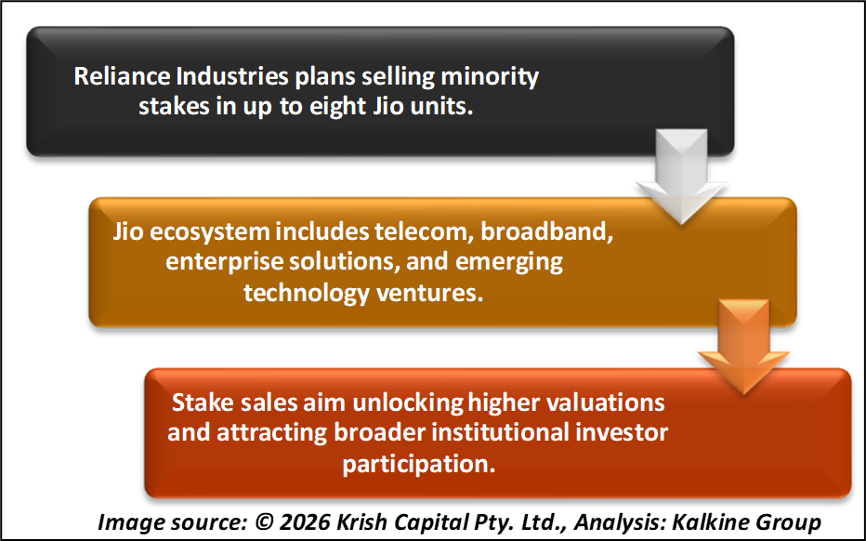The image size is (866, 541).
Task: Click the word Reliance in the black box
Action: click(122, 75)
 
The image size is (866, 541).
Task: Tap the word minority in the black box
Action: click(490, 77)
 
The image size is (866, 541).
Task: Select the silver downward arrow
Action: click(681, 177)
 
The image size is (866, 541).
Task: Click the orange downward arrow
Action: click(744, 347)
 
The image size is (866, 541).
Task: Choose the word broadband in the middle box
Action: click(546, 232)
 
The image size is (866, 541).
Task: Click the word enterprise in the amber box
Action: click(224, 262)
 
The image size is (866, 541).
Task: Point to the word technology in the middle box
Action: click(307, 294)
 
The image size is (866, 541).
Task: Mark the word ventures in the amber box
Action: click(429, 294)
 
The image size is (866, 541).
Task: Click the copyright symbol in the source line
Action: click(264, 522)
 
